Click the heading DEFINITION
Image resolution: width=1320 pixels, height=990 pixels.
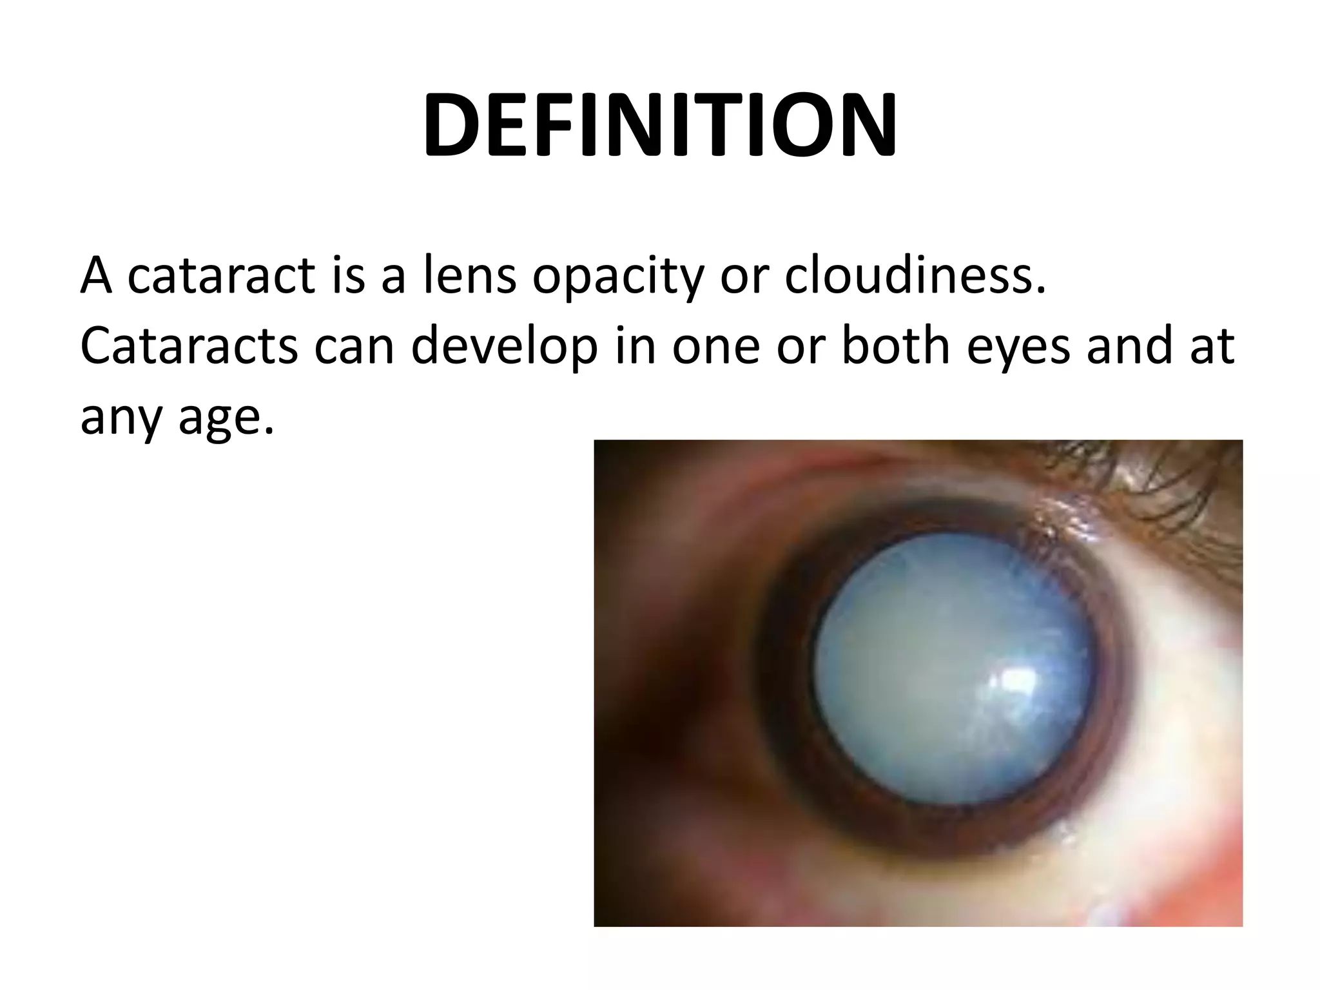[659, 126]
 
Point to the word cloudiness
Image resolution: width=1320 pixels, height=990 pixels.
[915, 276]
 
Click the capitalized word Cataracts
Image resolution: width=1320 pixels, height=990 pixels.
[189, 346]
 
